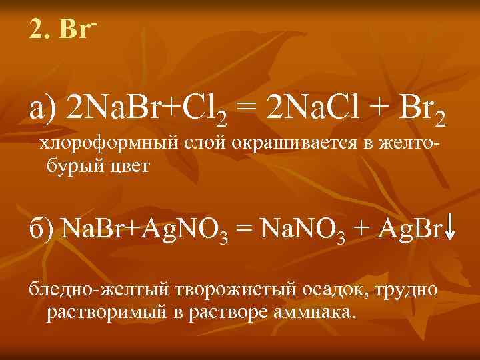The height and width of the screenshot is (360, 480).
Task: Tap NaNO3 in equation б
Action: [299, 231]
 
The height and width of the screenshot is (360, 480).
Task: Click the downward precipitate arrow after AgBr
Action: [450, 230]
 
